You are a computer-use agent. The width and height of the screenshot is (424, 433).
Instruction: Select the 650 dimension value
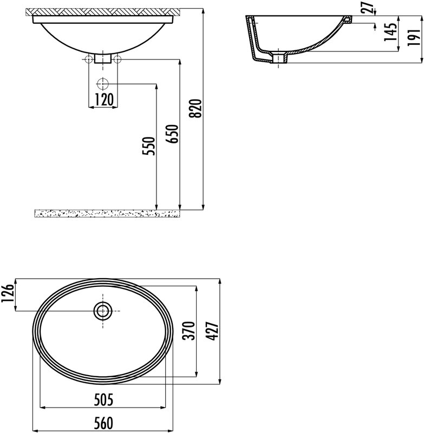point(173,134)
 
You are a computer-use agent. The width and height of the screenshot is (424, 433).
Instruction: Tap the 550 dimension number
point(149,146)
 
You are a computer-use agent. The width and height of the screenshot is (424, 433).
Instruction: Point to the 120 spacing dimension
point(103,100)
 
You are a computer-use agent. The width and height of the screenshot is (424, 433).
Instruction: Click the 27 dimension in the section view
point(369,8)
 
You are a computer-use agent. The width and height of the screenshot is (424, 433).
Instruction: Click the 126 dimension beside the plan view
point(8,293)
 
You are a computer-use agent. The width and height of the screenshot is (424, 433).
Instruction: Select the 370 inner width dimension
point(190,331)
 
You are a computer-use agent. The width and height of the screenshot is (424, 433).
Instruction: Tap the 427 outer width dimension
point(213,331)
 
